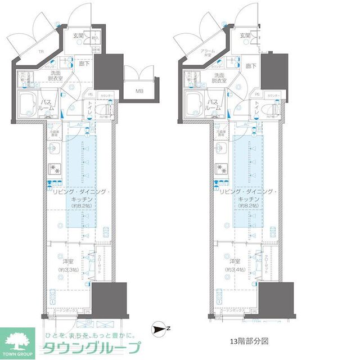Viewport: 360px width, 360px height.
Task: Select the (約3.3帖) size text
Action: (69, 270)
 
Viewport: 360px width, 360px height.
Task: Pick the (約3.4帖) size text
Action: (234, 270)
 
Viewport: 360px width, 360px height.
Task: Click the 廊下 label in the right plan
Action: (250, 66)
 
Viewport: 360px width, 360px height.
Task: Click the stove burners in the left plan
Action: (55, 168)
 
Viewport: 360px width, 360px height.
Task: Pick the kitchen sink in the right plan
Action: (219, 148)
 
